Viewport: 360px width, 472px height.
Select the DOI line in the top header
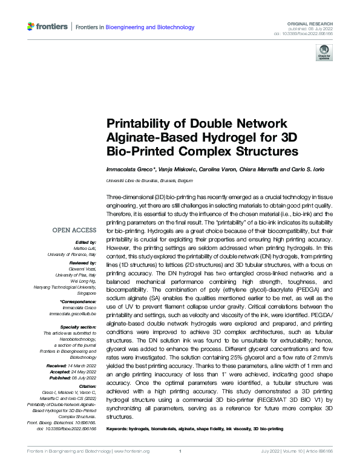click(x=305, y=33)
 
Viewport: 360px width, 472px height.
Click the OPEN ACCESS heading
click(x=74, y=230)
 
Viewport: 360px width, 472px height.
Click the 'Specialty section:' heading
click(x=77, y=327)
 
